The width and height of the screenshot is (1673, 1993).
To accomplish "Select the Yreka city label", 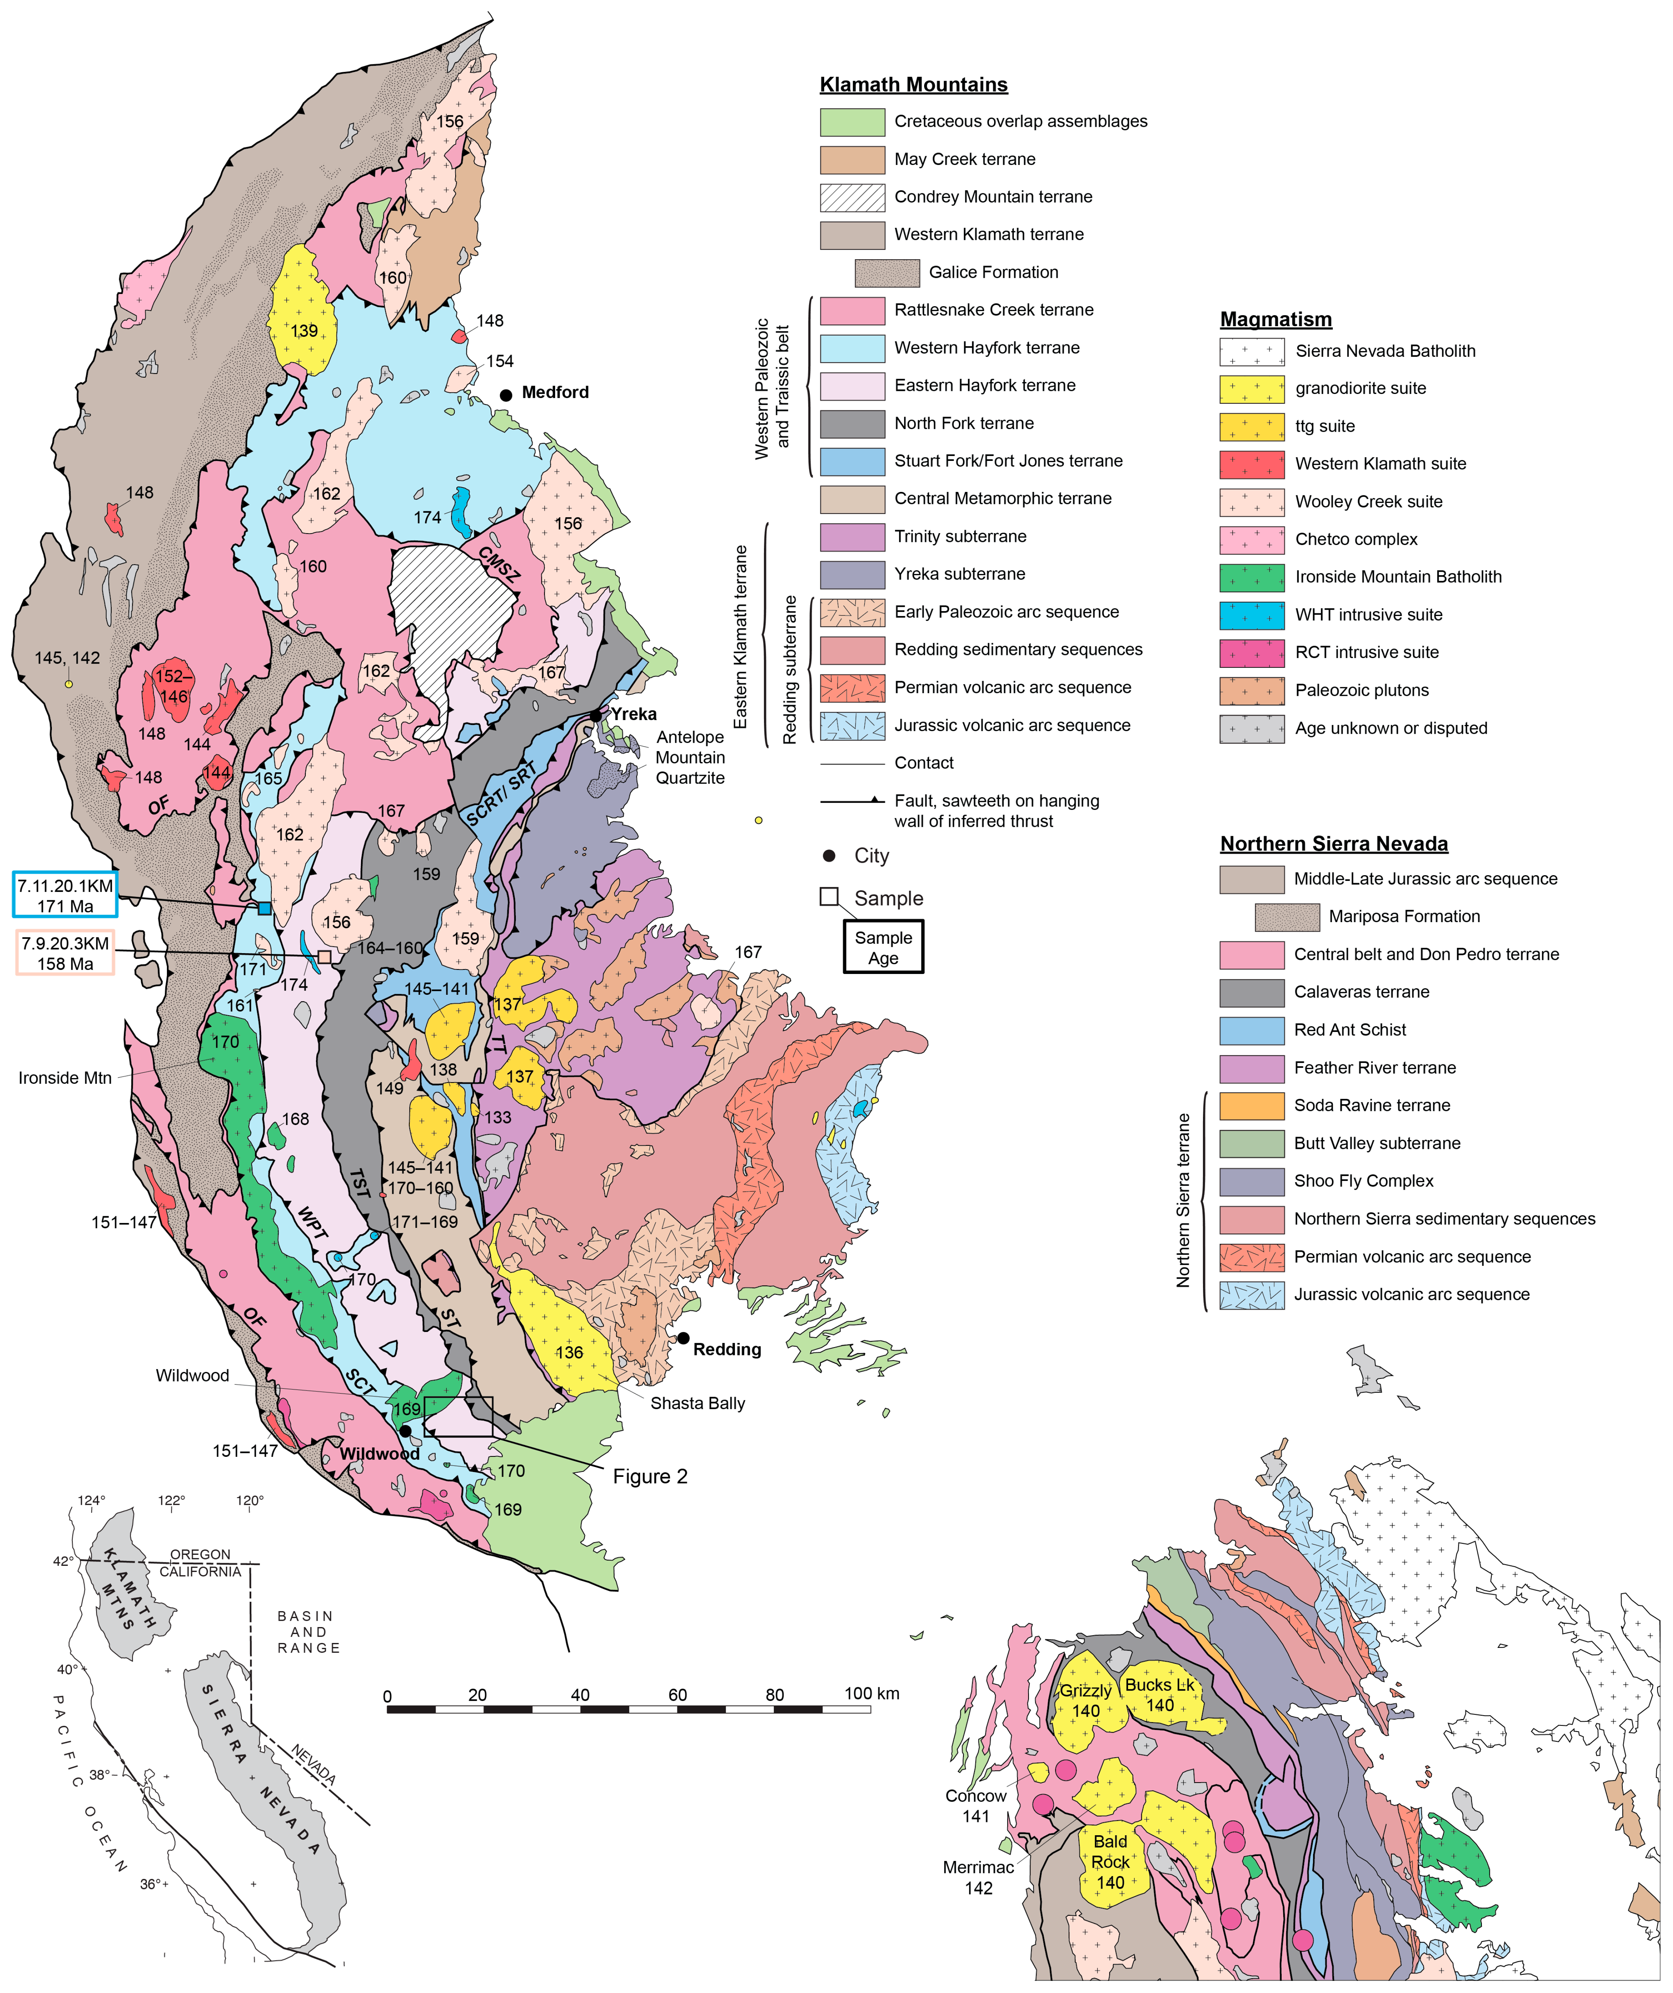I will point(633,714).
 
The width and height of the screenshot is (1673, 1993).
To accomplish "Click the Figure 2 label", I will point(650,1476).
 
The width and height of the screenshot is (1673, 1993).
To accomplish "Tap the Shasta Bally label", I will point(697,1403).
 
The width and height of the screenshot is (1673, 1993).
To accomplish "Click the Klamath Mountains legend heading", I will point(913,84).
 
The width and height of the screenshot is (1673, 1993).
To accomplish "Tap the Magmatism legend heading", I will point(1275,319).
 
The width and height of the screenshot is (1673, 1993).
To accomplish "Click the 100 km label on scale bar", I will point(871,1693).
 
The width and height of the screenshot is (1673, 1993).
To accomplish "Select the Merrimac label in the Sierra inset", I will point(977,1867).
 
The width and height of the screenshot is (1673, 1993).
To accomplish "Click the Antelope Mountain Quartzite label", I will point(690,757).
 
